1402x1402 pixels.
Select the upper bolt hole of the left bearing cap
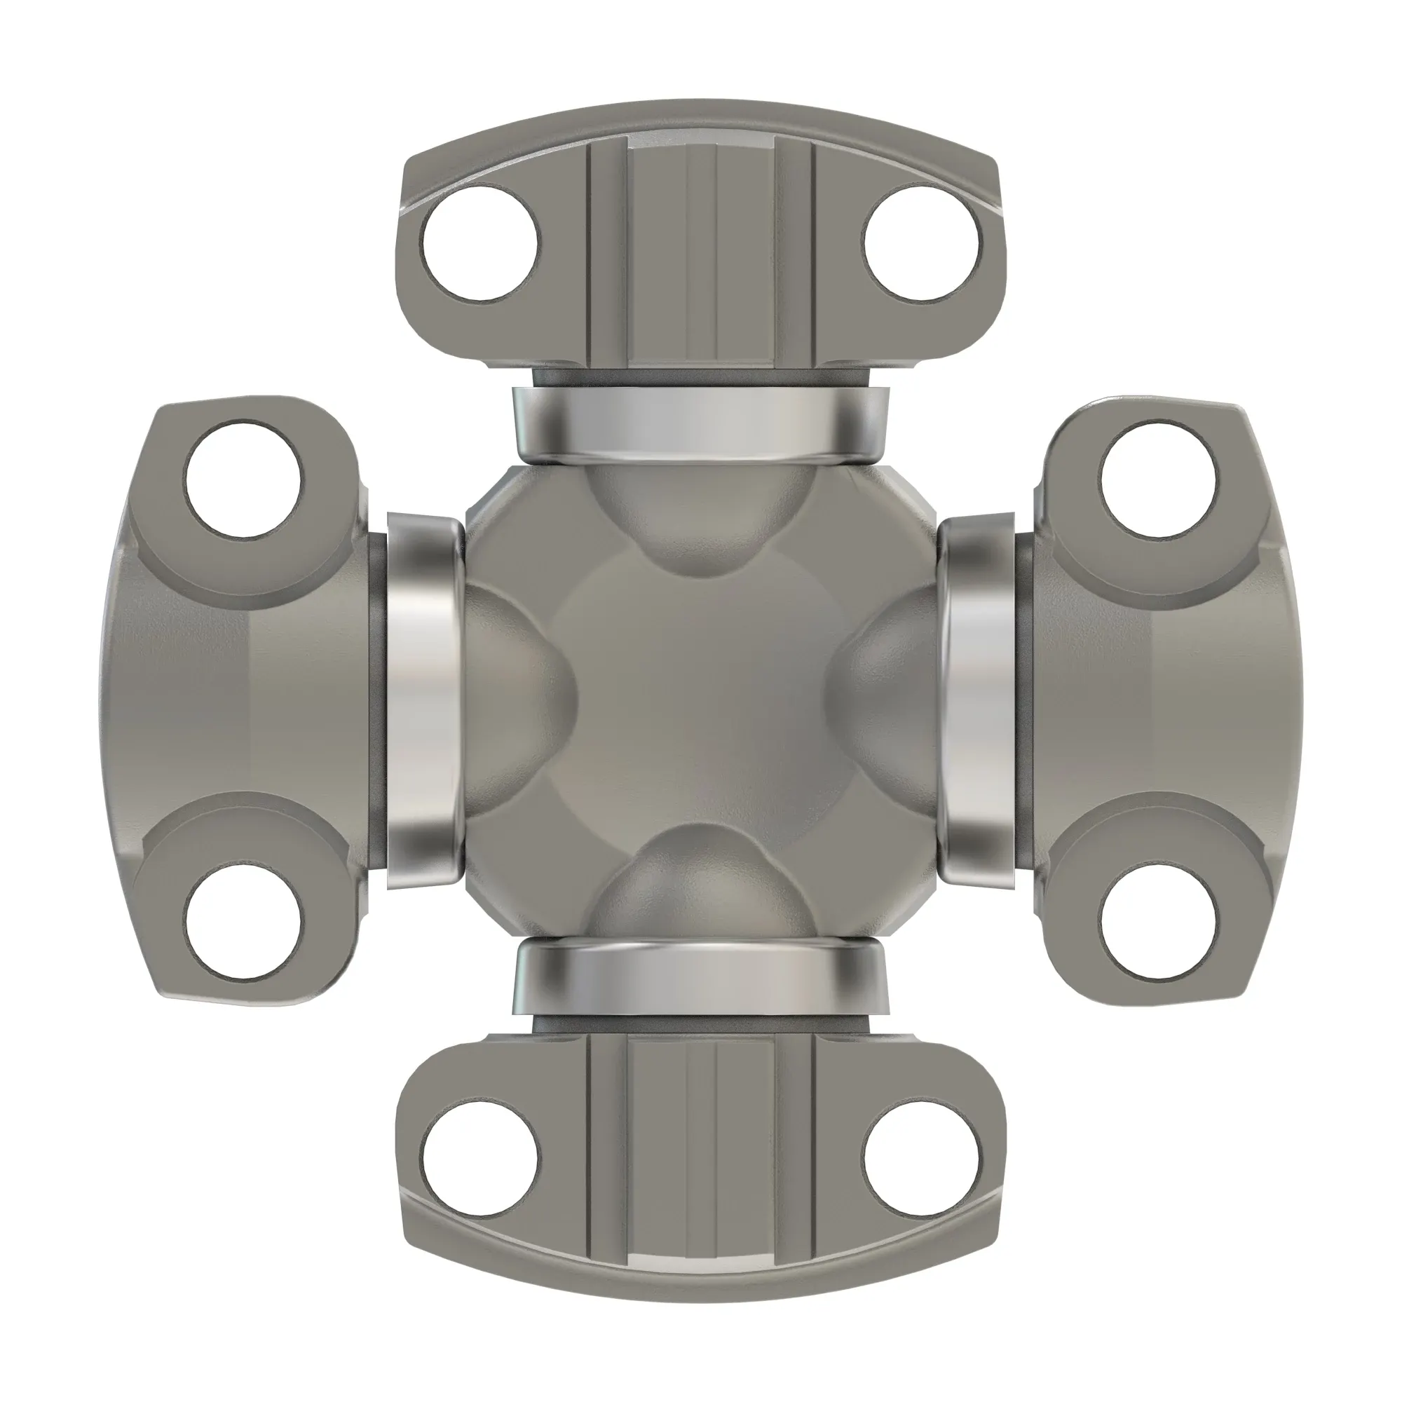pos(243,481)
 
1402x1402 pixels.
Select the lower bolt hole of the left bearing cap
pos(243,922)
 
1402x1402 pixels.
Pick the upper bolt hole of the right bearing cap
pos(1158,481)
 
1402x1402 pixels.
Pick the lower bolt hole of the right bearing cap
pos(1158,922)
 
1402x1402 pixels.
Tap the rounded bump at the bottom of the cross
pos(700,885)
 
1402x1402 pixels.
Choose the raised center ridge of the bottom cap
pos(701,1154)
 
